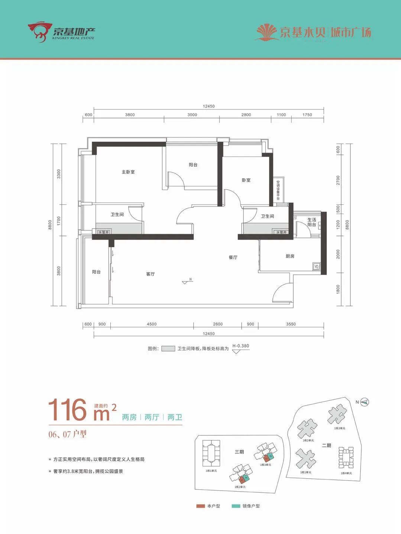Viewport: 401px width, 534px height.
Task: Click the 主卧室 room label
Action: click(x=128, y=172)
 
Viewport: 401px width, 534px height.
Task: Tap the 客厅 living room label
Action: click(x=151, y=274)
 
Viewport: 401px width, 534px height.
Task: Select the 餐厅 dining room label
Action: click(x=233, y=258)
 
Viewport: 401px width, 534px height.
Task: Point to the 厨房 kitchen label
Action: click(x=290, y=256)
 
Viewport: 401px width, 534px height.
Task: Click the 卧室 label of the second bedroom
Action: click(x=246, y=180)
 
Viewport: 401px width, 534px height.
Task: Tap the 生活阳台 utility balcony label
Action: click(x=312, y=222)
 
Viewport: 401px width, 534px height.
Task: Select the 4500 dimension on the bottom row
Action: click(x=152, y=324)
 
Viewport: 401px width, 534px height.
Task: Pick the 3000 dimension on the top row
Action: click(x=192, y=115)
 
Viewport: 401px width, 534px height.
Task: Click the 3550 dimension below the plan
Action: click(x=291, y=324)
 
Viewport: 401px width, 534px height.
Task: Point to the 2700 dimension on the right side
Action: click(x=338, y=180)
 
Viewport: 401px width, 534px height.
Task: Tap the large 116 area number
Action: click(x=68, y=410)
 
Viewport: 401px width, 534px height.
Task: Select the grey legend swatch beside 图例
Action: click(x=168, y=349)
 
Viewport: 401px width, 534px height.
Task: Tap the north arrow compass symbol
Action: click(x=365, y=402)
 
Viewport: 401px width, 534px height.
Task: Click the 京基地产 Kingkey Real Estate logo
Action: click(x=61, y=32)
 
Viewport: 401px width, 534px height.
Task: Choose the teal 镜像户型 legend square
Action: click(x=236, y=506)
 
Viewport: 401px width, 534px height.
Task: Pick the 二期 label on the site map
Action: click(x=326, y=446)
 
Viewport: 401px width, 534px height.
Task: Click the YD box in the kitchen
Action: click(x=317, y=267)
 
